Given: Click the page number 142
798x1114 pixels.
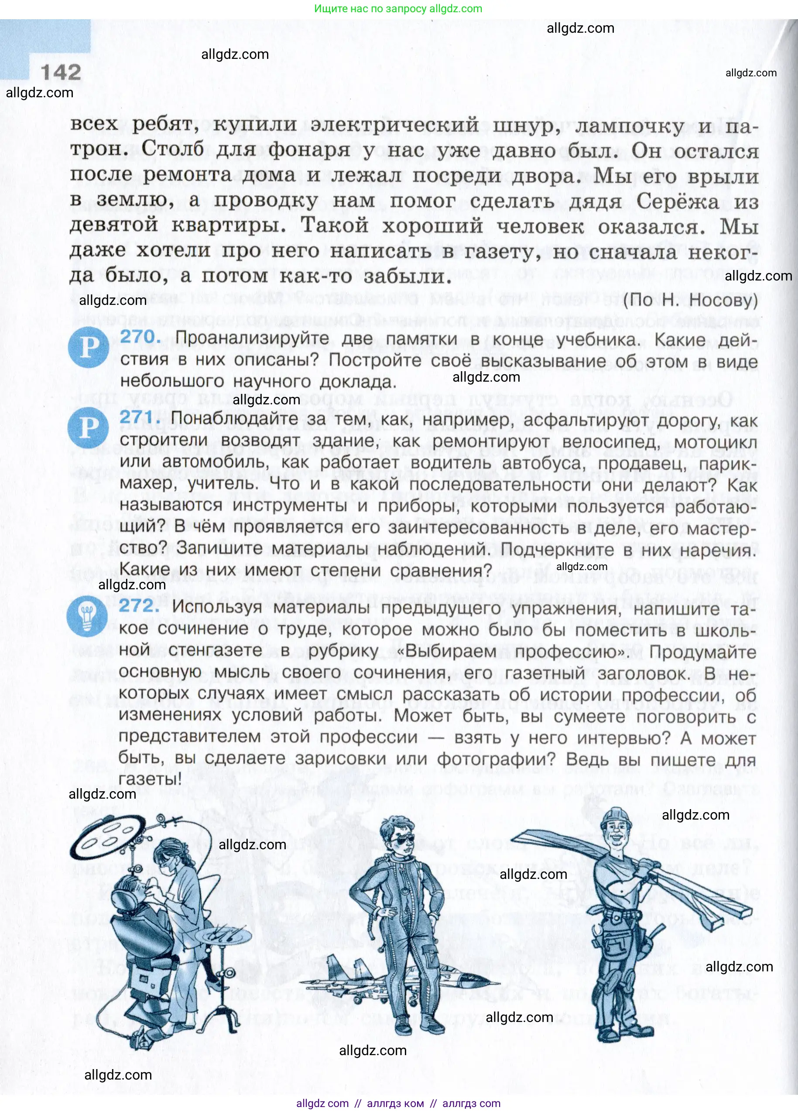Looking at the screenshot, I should (62, 73).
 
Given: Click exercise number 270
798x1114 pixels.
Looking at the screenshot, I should (140, 338).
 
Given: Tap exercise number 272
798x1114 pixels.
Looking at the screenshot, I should (139, 605).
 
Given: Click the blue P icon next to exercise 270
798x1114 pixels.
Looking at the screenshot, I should (89, 348).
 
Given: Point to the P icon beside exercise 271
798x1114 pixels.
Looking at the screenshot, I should (88, 427).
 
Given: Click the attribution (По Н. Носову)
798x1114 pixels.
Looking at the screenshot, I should (690, 300).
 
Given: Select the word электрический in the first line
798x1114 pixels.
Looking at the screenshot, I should (394, 125).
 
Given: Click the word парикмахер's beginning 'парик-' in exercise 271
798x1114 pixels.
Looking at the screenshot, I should (726, 463).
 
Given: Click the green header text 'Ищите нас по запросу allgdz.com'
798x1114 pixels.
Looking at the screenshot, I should (398, 8).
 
